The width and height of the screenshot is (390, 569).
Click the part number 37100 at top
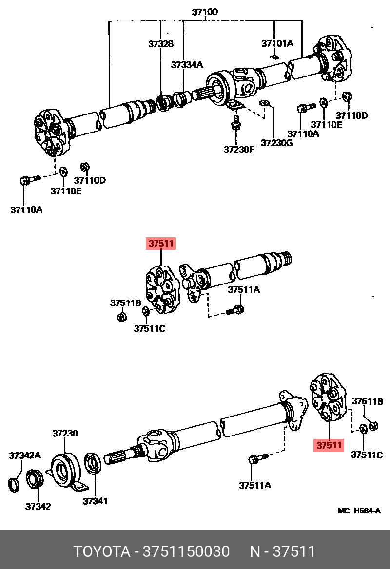click(x=205, y=12)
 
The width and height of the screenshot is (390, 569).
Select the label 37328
click(x=161, y=44)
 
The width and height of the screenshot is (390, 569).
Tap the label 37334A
click(x=187, y=64)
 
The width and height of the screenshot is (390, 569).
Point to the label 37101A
click(x=277, y=43)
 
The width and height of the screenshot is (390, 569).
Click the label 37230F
click(x=239, y=150)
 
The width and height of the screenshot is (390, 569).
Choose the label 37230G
click(x=277, y=143)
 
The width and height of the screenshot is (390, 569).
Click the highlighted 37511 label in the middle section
click(x=161, y=244)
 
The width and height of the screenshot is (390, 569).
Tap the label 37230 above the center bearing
click(x=65, y=433)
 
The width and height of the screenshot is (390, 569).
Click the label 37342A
click(x=25, y=455)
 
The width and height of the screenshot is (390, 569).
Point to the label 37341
click(x=95, y=501)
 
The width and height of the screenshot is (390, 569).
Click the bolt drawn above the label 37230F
click(x=235, y=123)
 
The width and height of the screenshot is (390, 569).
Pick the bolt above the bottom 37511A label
click(x=256, y=458)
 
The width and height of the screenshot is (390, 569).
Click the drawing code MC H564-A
click(x=359, y=511)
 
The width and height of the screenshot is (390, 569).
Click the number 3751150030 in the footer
click(x=185, y=551)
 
